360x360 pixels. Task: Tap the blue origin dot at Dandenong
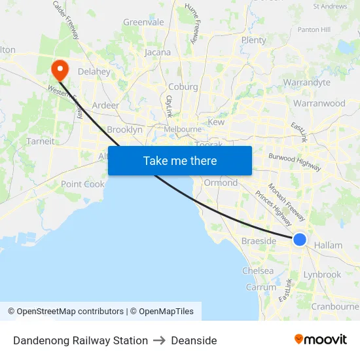click(299, 240)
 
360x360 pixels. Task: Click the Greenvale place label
click(143, 22)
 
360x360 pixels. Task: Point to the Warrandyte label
click(306, 82)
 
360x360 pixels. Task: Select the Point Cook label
click(82, 184)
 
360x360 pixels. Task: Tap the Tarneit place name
click(41, 141)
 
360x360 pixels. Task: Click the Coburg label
click(183, 86)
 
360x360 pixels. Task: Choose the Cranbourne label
click(335, 306)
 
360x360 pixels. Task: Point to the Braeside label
click(259, 241)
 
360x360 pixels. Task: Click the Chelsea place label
click(258, 270)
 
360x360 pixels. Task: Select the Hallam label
click(328, 245)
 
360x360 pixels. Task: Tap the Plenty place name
click(254, 40)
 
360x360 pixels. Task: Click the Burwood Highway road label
click(295, 161)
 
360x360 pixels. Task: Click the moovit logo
click(321, 340)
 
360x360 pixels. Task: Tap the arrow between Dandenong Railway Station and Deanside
click(159, 340)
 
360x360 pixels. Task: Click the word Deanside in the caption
click(194, 340)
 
